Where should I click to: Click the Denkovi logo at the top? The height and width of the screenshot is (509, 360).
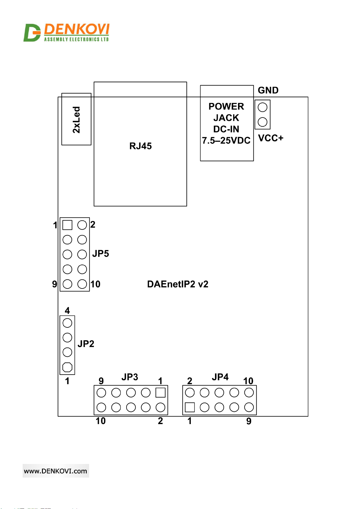click(x=66, y=33)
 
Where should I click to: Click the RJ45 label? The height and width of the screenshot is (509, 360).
click(x=140, y=146)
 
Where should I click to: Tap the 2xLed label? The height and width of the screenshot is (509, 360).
click(x=76, y=120)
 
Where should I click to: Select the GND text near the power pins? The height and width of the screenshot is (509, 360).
click(x=268, y=90)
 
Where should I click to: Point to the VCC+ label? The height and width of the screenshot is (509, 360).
click(x=271, y=138)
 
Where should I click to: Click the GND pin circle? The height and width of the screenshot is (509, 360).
click(x=262, y=107)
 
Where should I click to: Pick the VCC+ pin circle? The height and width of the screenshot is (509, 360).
click(x=262, y=122)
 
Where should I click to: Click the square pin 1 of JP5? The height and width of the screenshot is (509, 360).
click(x=67, y=225)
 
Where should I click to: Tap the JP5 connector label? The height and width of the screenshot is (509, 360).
click(x=101, y=253)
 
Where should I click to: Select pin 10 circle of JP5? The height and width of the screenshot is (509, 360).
click(x=82, y=284)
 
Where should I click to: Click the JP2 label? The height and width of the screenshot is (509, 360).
click(x=86, y=344)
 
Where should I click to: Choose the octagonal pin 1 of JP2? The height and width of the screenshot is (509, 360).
click(x=67, y=367)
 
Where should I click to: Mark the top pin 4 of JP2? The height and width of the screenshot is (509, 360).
click(x=67, y=323)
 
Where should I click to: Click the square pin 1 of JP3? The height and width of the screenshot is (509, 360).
click(x=160, y=392)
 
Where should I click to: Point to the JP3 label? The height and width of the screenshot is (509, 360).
click(x=130, y=377)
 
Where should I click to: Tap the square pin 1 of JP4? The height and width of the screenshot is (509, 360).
click(x=190, y=407)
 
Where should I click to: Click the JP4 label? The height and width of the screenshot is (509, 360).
click(x=220, y=377)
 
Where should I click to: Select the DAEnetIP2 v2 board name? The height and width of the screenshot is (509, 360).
click(x=178, y=284)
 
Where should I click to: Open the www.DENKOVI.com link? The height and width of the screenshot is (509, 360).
click(x=56, y=471)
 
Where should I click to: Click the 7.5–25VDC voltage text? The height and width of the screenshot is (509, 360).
click(x=226, y=140)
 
